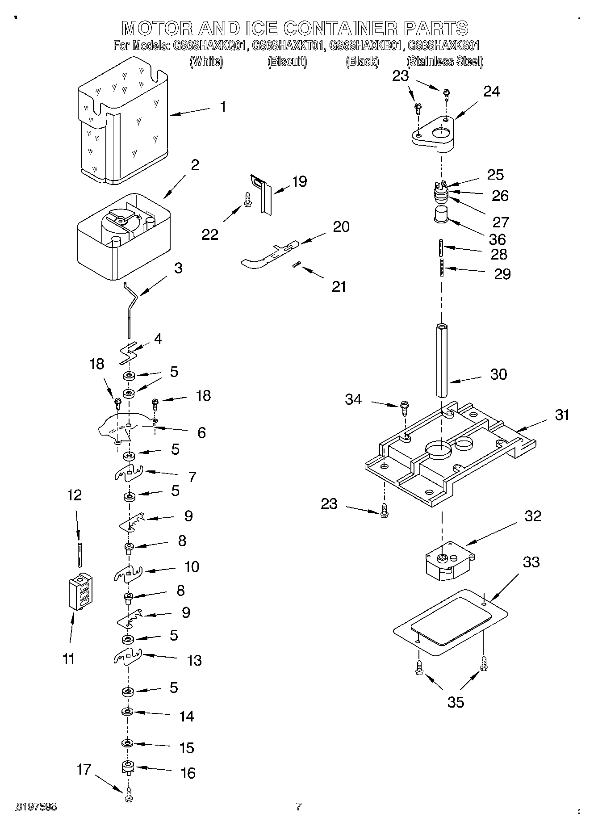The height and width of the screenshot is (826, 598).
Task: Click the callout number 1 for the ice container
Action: (x=223, y=107)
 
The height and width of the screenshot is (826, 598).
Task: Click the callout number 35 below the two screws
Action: (x=456, y=702)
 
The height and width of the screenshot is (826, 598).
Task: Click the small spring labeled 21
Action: (x=295, y=265)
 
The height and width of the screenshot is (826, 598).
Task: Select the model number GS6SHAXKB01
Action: (x=367, y=46)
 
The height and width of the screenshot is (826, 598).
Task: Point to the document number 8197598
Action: (x=37, y=807)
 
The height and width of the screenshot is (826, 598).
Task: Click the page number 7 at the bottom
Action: (x=298, y=806)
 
